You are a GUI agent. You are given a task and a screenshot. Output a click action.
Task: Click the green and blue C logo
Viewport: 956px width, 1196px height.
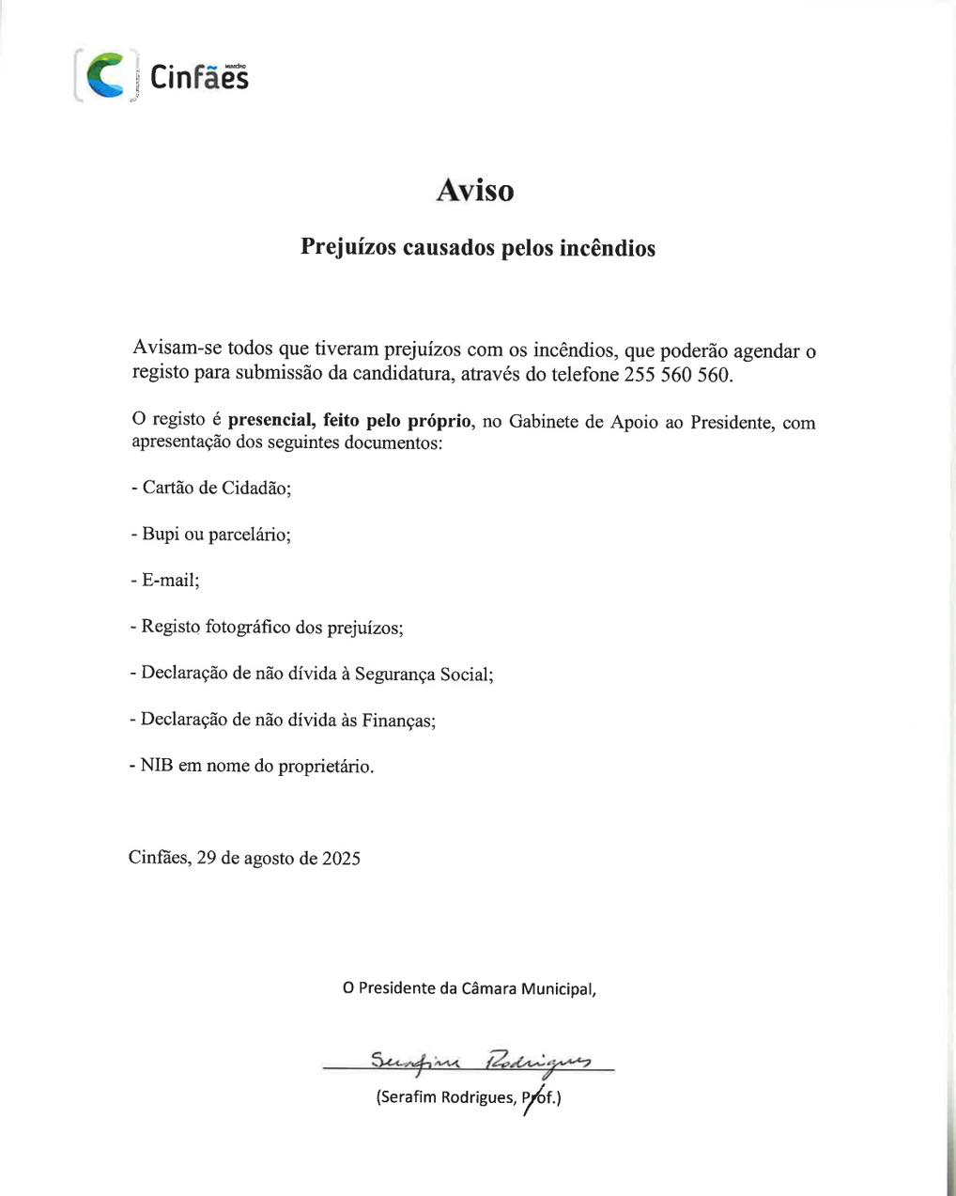coord(104,76)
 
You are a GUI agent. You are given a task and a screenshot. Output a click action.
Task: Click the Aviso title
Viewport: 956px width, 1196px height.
coord(475,191)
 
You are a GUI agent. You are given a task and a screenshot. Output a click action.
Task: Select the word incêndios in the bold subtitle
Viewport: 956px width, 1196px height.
coord(607,248)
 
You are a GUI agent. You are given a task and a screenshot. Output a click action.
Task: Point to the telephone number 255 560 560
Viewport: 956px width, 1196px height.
coord(676,374)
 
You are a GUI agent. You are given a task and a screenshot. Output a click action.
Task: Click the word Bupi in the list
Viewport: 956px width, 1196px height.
coord(161,534)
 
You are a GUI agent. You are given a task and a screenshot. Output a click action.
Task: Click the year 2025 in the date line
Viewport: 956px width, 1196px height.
coord(341,858)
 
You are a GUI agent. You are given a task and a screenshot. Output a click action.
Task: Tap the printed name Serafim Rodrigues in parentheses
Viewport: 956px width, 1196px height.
coord(447,1097)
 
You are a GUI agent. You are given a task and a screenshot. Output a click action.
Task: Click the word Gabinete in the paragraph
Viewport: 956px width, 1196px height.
coord(545,422)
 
